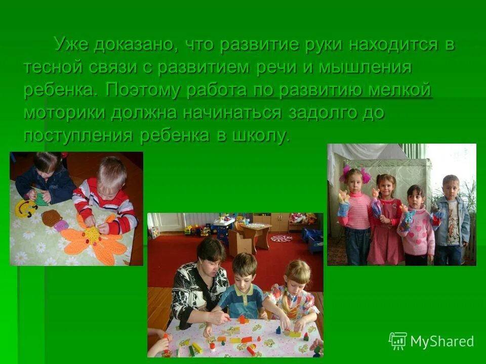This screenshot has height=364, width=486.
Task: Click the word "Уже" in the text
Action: (x=73, y=44)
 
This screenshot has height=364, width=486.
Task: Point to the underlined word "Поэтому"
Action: (x=144, y=90)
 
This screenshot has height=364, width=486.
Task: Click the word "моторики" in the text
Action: (x=64, y=112)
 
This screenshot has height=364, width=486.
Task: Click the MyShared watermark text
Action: (x=441, y=341)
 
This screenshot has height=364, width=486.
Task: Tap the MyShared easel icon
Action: (x=398, y=341)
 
